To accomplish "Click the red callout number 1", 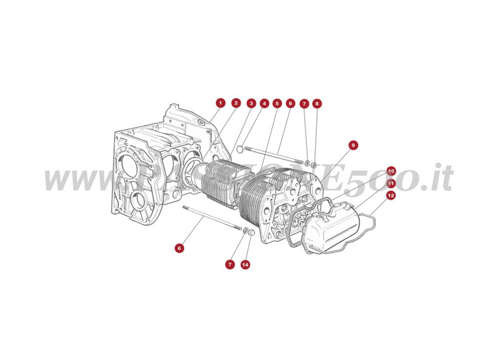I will point(220,103).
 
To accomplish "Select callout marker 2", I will point(236,103).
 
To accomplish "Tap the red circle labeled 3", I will point(251,103).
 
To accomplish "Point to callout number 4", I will point(264,103).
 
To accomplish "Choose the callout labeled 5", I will point(277,103).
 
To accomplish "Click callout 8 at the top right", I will point(317,104).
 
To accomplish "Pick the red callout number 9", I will point(353,145).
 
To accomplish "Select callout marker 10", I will point(391,171).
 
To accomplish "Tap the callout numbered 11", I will point(391,183).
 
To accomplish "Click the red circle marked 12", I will point(391,196).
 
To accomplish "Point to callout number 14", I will point(245,265).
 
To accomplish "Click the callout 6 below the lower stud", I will point(179,248).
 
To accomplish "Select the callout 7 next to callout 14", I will point(229,265).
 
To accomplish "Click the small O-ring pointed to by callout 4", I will point(239,144).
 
